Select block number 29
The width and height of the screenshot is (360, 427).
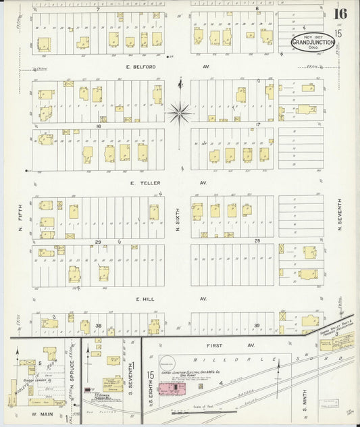(x=97, y=241)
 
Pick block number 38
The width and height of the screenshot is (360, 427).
(x=97, y=325)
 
